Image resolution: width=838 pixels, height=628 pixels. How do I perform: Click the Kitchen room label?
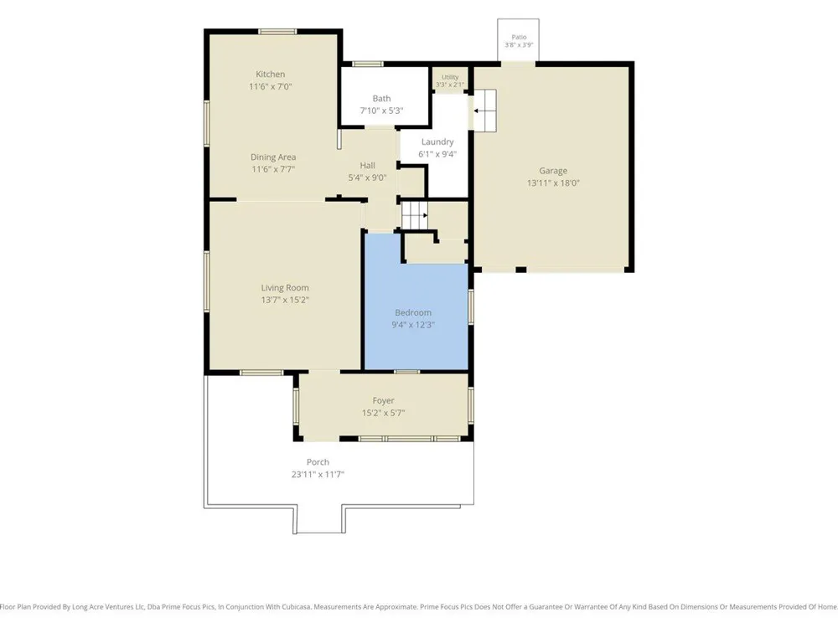click(x=270, y=75)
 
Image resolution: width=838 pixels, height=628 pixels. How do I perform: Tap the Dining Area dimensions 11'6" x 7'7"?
click(x=273, y=169)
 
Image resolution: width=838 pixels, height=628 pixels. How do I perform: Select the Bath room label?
click(x=381, y=98)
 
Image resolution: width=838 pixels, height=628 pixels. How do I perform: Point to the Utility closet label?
click(x=450, y=77)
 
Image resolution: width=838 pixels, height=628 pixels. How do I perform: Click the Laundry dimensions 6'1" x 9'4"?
click(x=437, y=154)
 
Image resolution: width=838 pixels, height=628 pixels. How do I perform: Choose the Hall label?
click(x=367, y=166)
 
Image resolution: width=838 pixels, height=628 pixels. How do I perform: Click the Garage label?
click(x=553, y=171)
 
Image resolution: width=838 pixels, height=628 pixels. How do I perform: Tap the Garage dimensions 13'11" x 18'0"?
click(x=553, y=183)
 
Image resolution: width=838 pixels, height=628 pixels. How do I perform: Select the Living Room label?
click(x=285, y=288)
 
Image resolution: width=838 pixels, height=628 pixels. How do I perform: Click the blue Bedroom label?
click(x=413, y=312)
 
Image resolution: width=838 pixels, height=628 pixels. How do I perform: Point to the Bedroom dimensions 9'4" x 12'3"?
click(x=413, y=325)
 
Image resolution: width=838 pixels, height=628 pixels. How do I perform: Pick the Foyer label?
click(x=383, y=400)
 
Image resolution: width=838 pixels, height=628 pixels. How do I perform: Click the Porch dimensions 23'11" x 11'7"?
click(x=318, y=474)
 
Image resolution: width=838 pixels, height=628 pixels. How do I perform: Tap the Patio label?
click(x=519, y=37)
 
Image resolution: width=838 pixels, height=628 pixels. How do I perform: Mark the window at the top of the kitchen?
click(x=277, y=32)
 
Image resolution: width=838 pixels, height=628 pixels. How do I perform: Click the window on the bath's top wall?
click(x=367, y=64)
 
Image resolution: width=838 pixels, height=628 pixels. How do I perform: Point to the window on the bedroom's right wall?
click(x=471, y=306)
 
